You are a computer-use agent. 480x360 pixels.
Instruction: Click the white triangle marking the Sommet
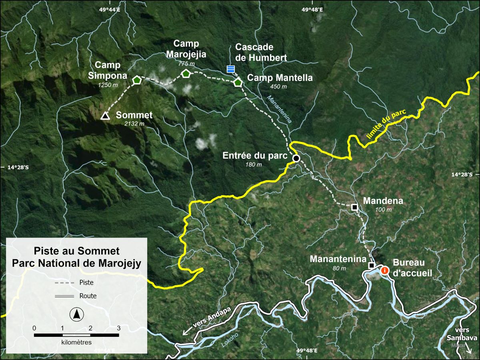(x=105, y=116)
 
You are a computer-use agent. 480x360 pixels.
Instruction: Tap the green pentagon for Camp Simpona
(x=137, y=80)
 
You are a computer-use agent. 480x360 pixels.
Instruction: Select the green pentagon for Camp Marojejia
(x=186, y=73)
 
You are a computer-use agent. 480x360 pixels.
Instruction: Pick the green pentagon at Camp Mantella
(x=238, y=83)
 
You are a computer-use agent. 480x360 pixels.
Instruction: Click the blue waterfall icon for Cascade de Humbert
(x=230, y=69)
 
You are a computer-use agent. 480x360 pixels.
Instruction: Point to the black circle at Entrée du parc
(x=296, y=158)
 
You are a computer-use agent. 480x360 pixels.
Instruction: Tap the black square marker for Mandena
(x=354, y=207)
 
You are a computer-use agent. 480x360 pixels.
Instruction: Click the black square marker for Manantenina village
(x=371, y=265)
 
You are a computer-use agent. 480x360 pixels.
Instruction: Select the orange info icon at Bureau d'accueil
(x=385, y=270)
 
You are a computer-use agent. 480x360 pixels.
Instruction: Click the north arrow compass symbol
(x=76, y=315)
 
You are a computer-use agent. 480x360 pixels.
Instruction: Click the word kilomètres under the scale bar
(x=76, y=342)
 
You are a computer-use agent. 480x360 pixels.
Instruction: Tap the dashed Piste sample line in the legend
(x=64, y=283)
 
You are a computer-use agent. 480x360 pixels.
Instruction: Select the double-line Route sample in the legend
(x=64, y=296)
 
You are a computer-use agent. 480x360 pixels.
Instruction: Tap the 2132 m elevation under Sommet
(x=134, y=124)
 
